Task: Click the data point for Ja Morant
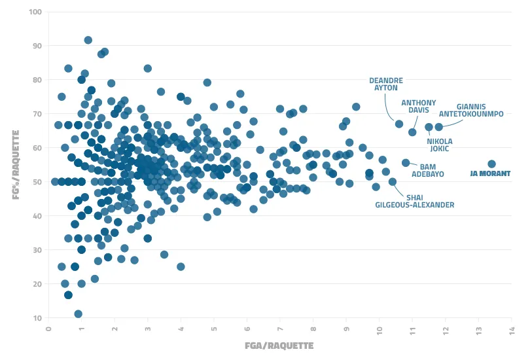(492, 164)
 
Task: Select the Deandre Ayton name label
(386, 84)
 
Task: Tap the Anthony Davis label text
(418, 106)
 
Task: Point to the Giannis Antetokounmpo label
(471, 109)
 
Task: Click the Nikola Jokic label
(439, 144)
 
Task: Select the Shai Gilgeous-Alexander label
(415, 201)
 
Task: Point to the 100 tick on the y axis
(35, 12)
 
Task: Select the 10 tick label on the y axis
(38, 318)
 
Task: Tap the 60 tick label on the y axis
(38, 148)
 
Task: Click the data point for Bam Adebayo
(406, 163)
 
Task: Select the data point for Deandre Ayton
(399, 124)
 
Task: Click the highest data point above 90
(88, 40)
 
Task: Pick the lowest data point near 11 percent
(79, 314)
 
